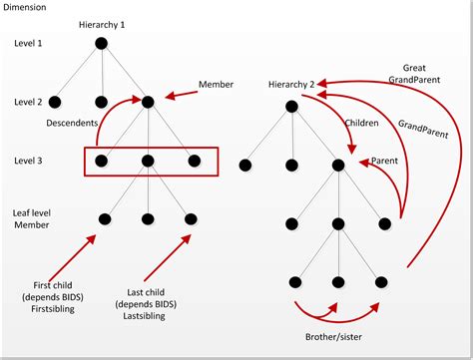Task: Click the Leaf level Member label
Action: (x=31, y=218)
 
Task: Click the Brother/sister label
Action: (x=337, y=336)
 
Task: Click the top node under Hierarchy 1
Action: (x=101, y=43)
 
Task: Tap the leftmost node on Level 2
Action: (x=55, y=101)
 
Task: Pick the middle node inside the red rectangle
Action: (x=147, y=160)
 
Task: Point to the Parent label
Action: (x=385, y=160)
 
